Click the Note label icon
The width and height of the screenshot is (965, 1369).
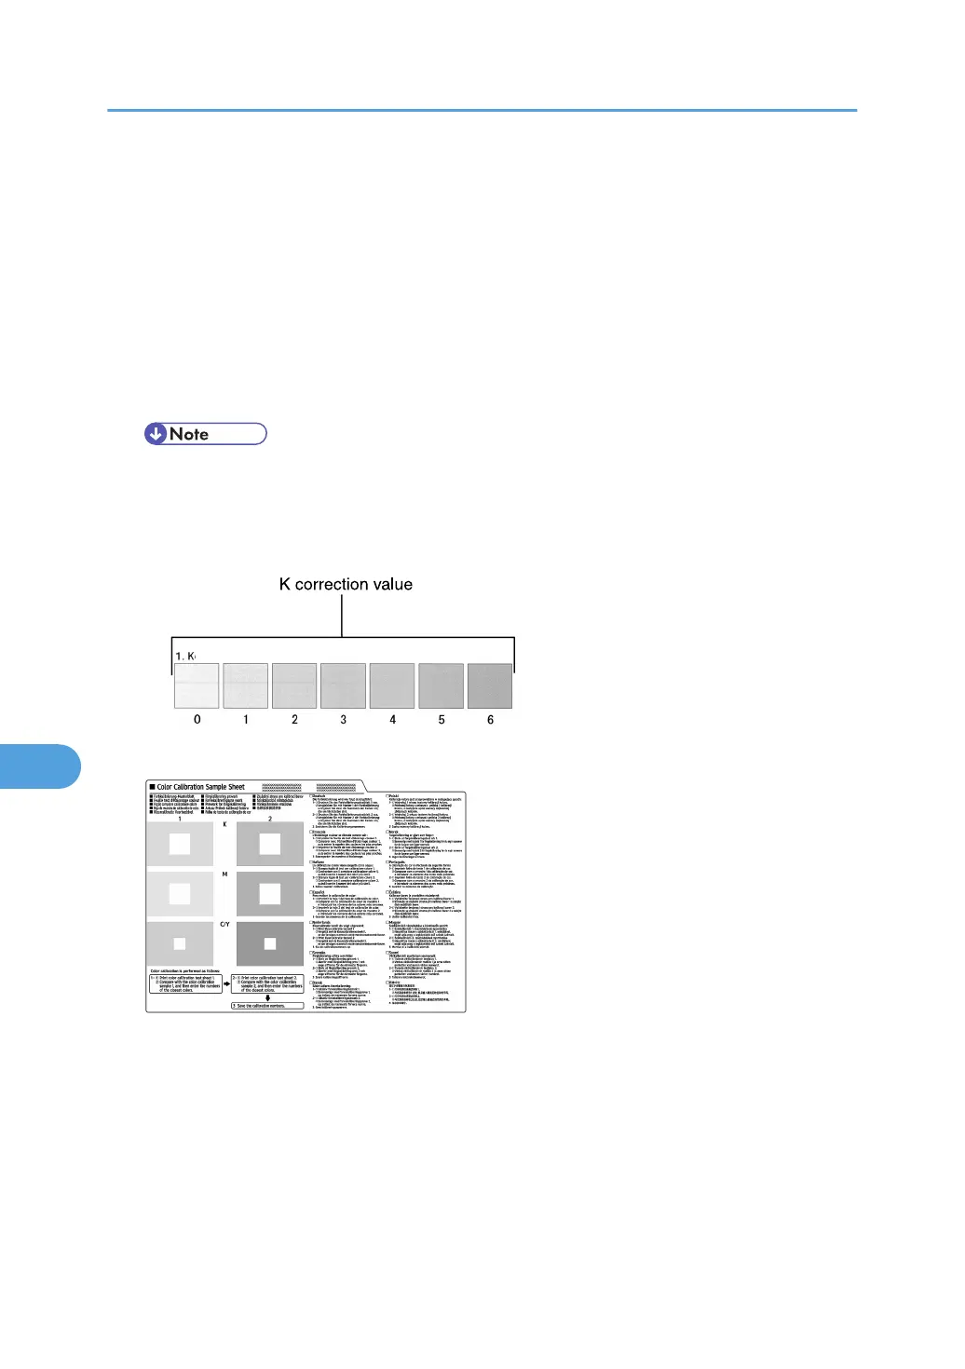click(x=205, y=434)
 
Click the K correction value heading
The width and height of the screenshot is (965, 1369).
click(x=346, y=585)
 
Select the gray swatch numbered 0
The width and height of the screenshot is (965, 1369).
click(x=197, y=686)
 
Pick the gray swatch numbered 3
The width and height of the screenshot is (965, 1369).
click(x=344, y=686)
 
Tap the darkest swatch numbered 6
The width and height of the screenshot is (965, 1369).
click(x=490, y=686)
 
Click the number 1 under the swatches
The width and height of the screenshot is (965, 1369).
click(x=246, y=720)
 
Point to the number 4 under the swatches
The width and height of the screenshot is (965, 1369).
click(x=392, y=720)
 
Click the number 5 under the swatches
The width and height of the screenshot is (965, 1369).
click(x=442, y=720)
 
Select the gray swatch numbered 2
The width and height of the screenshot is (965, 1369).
click(x=294, y=686)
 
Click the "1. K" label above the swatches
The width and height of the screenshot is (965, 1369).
click(x=184, y=657)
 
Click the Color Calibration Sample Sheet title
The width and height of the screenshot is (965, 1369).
click(x=200, y=787)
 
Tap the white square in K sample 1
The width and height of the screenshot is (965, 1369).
click(x=179, y=845)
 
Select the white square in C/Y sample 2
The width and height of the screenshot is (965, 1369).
click(x=270, y=943)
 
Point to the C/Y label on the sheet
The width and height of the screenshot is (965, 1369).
click(x=224, y=925)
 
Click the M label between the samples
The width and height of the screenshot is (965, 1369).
click(x=224, y=874)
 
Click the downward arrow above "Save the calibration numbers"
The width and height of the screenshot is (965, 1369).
click(x=267, y=997)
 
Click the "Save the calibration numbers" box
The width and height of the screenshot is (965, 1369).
click(x=267, y=1006)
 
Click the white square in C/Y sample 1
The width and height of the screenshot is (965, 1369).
click(x=179, y=943)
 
